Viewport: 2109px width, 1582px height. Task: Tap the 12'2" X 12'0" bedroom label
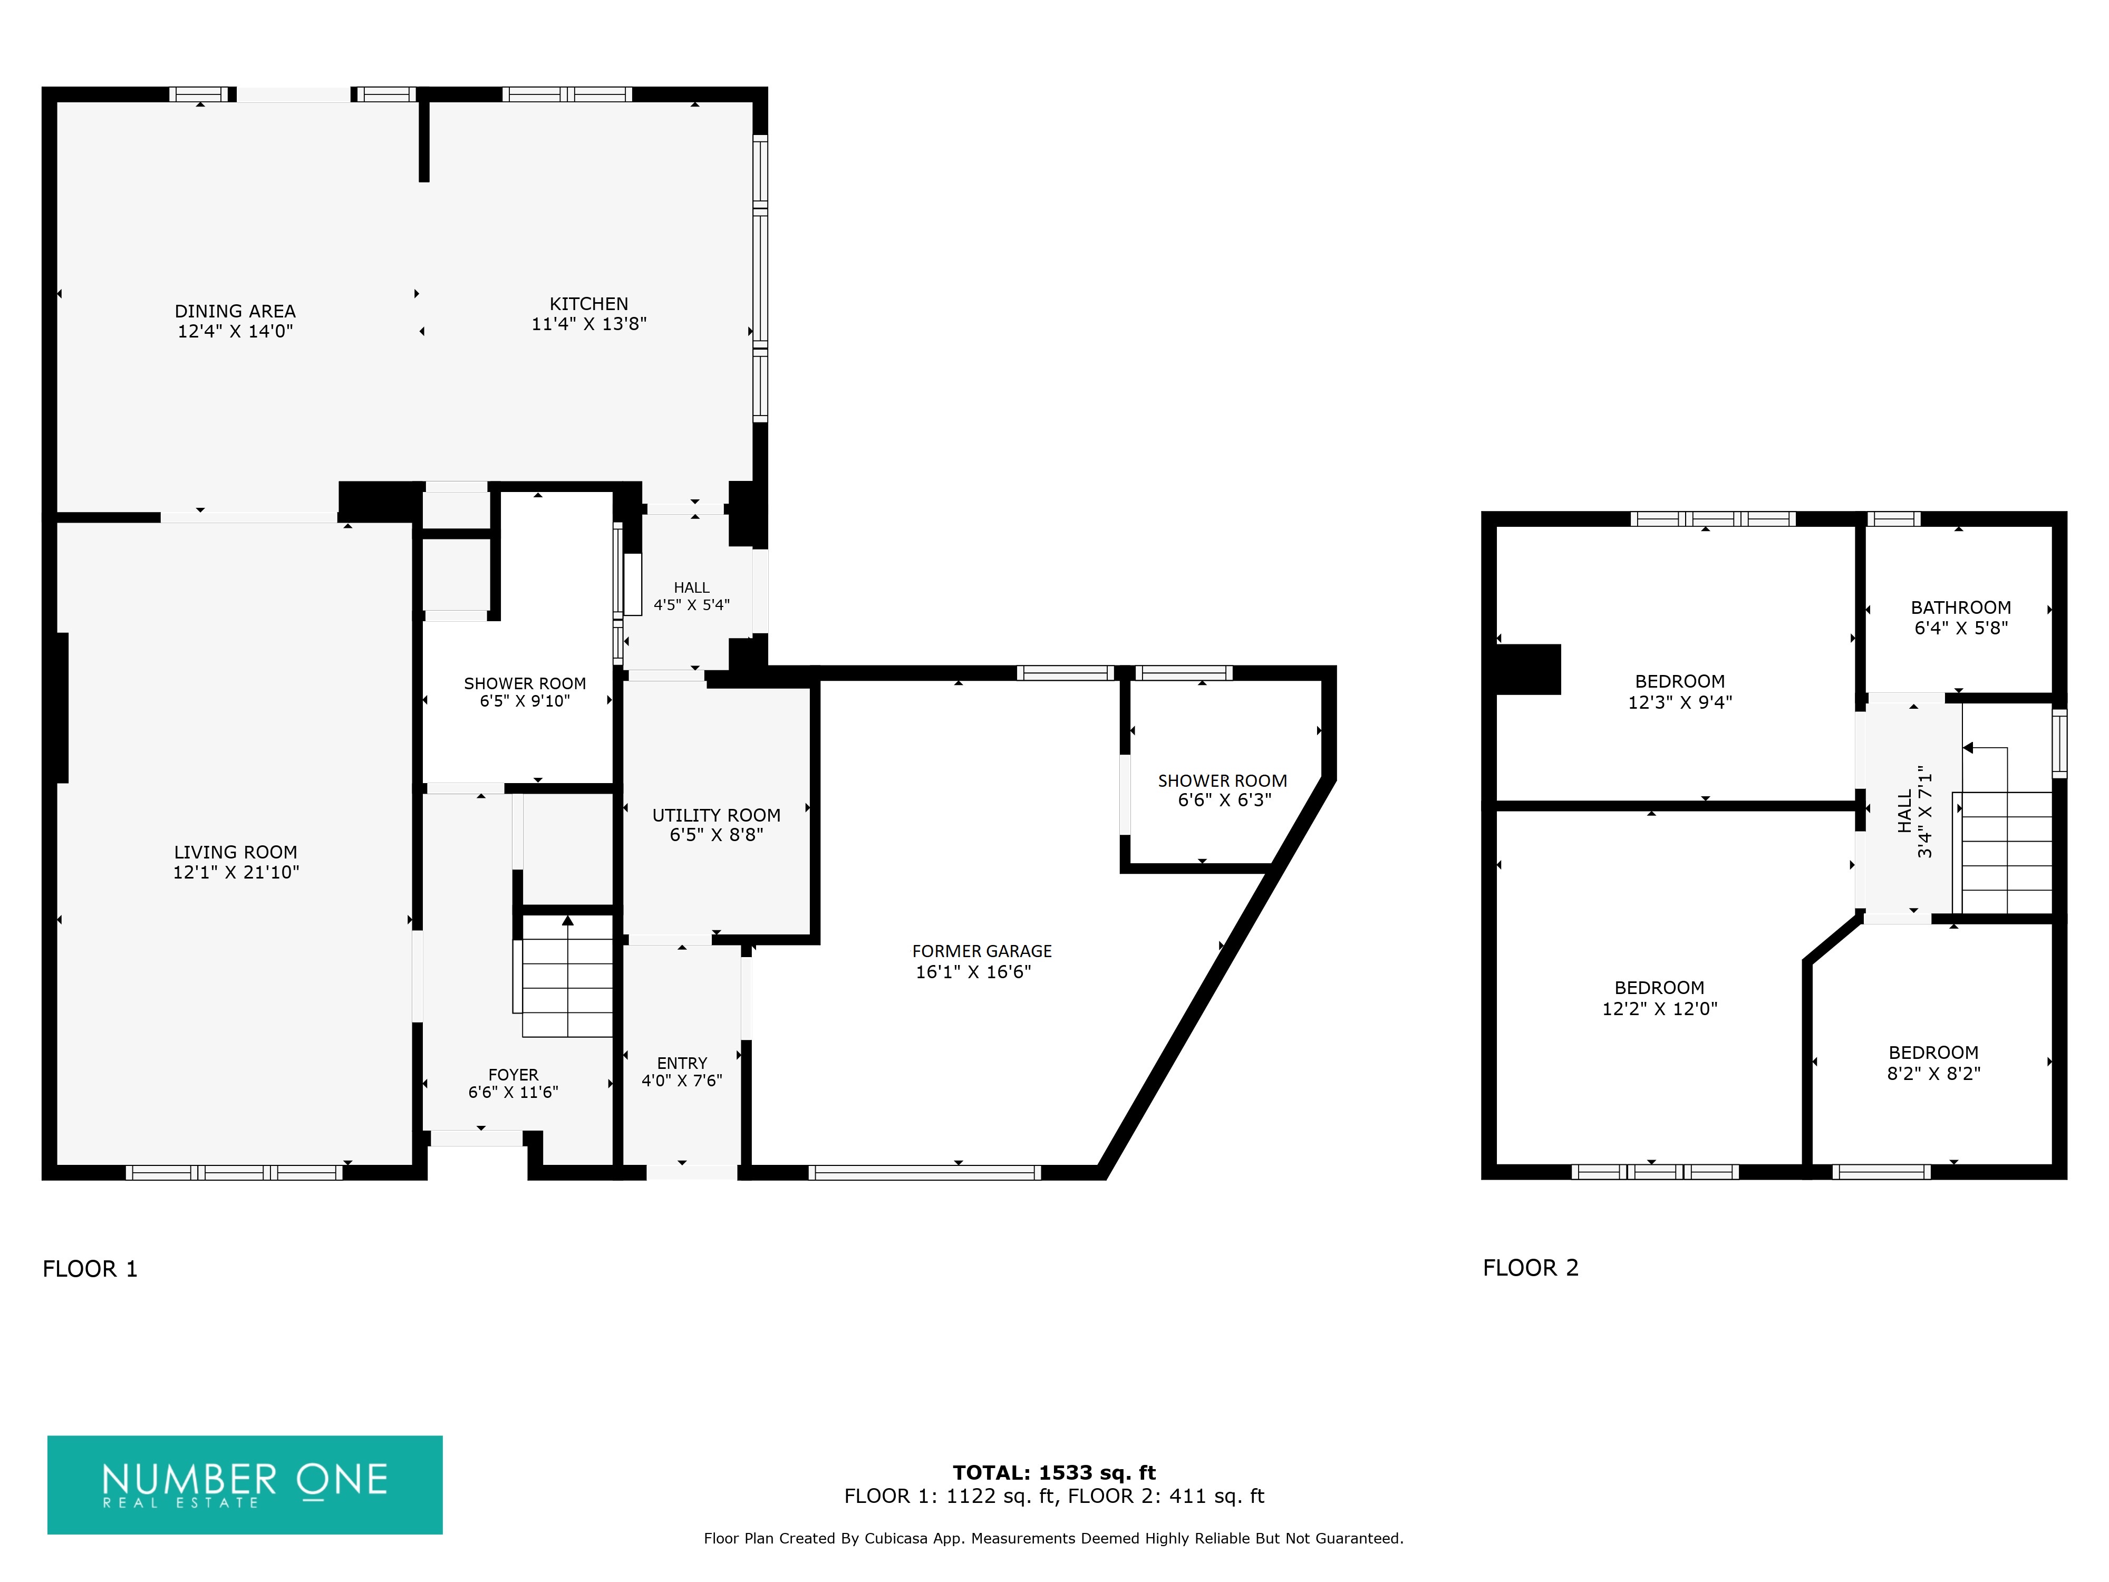coord(1660,998)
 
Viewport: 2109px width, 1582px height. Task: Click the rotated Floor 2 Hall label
coord(1914,812)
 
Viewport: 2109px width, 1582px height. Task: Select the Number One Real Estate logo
coord(245,1485)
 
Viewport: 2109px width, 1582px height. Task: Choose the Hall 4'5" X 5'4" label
coord(691,596)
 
